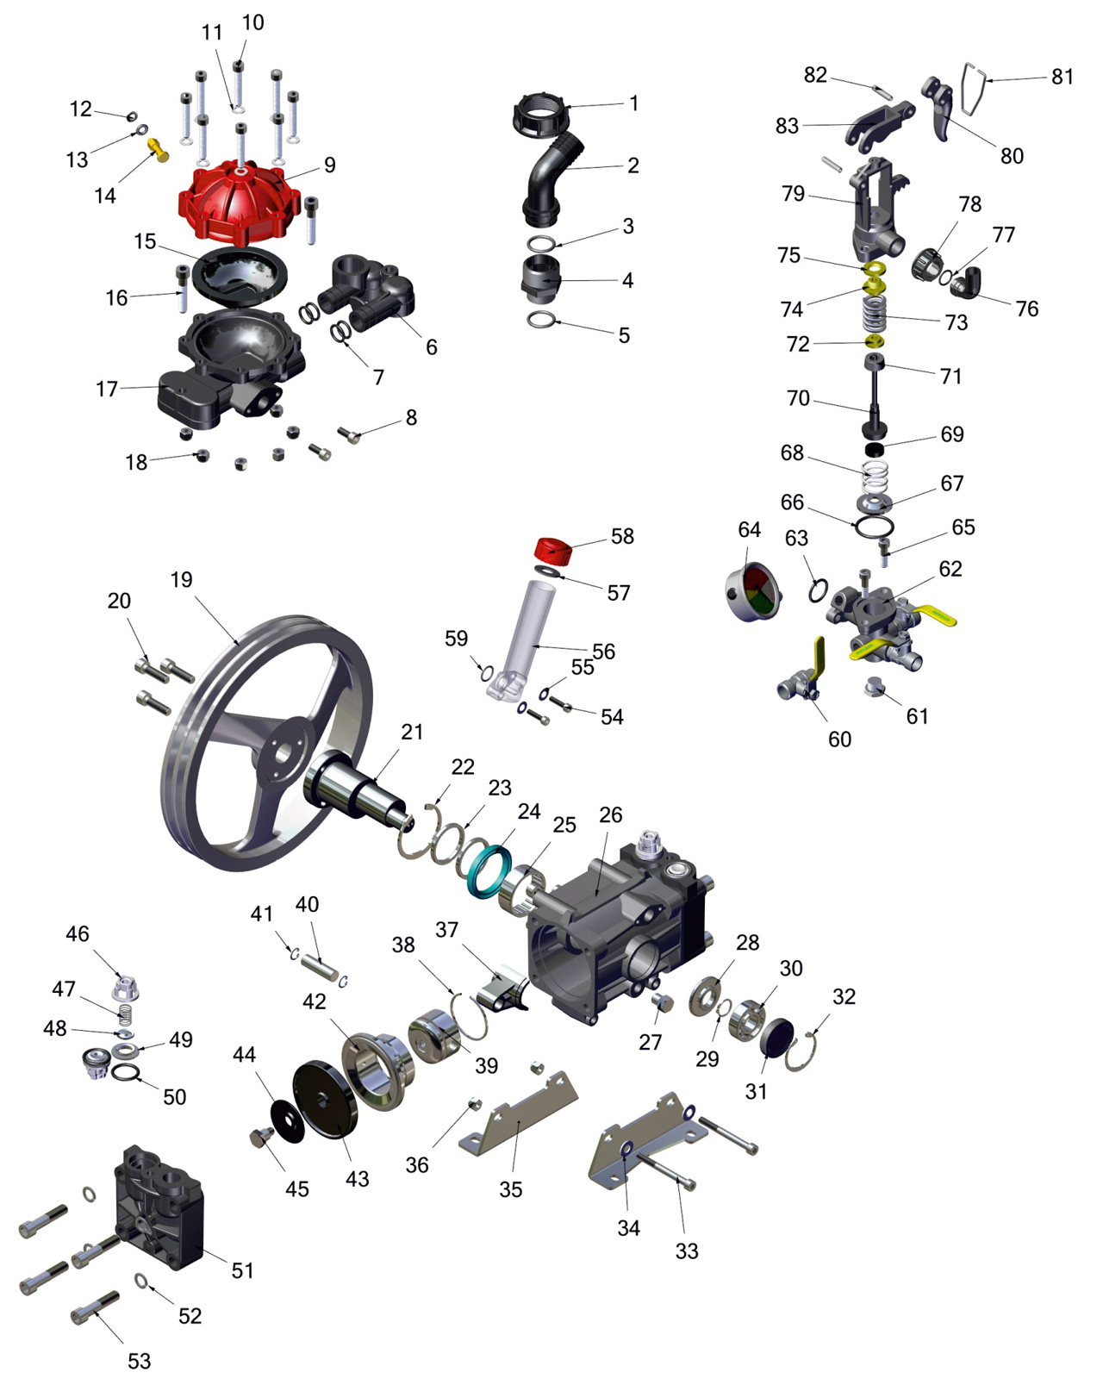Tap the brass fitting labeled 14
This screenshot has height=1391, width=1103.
point(158,149)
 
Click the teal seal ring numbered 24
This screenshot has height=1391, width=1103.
point(489,870)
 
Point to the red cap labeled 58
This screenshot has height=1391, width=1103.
point(553,550)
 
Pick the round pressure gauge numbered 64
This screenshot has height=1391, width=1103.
point(752,592)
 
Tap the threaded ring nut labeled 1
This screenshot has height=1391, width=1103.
point(540,115)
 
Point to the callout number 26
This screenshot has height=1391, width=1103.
point(610,814)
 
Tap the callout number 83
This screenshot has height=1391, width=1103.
point(787,126)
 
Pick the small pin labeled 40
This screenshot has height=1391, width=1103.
point(320,969)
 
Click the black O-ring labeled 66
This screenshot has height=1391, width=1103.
point(874,526)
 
